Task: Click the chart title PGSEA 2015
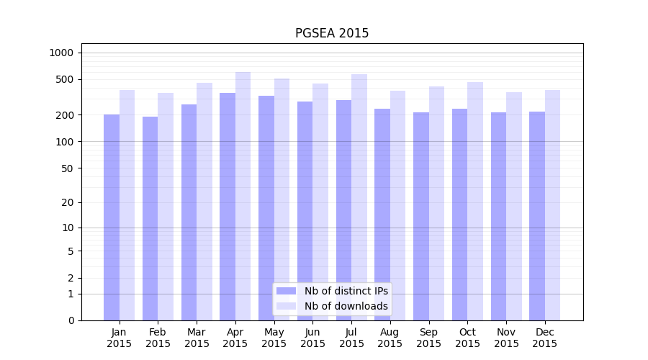pos(332,33)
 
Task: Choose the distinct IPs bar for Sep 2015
pos(421,216)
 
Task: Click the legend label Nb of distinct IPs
pos(346,291)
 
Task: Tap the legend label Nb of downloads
pos(346,306)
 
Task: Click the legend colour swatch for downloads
pos(286,306)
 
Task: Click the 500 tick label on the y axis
pos(65,79)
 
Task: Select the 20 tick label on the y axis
pos(68,202)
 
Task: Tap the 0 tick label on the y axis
pos(71,320)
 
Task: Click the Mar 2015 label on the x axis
pos(197,338)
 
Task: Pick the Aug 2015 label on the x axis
pos(390,338)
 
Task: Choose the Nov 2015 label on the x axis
pos(506,338)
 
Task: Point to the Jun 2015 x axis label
pos(312,338)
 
